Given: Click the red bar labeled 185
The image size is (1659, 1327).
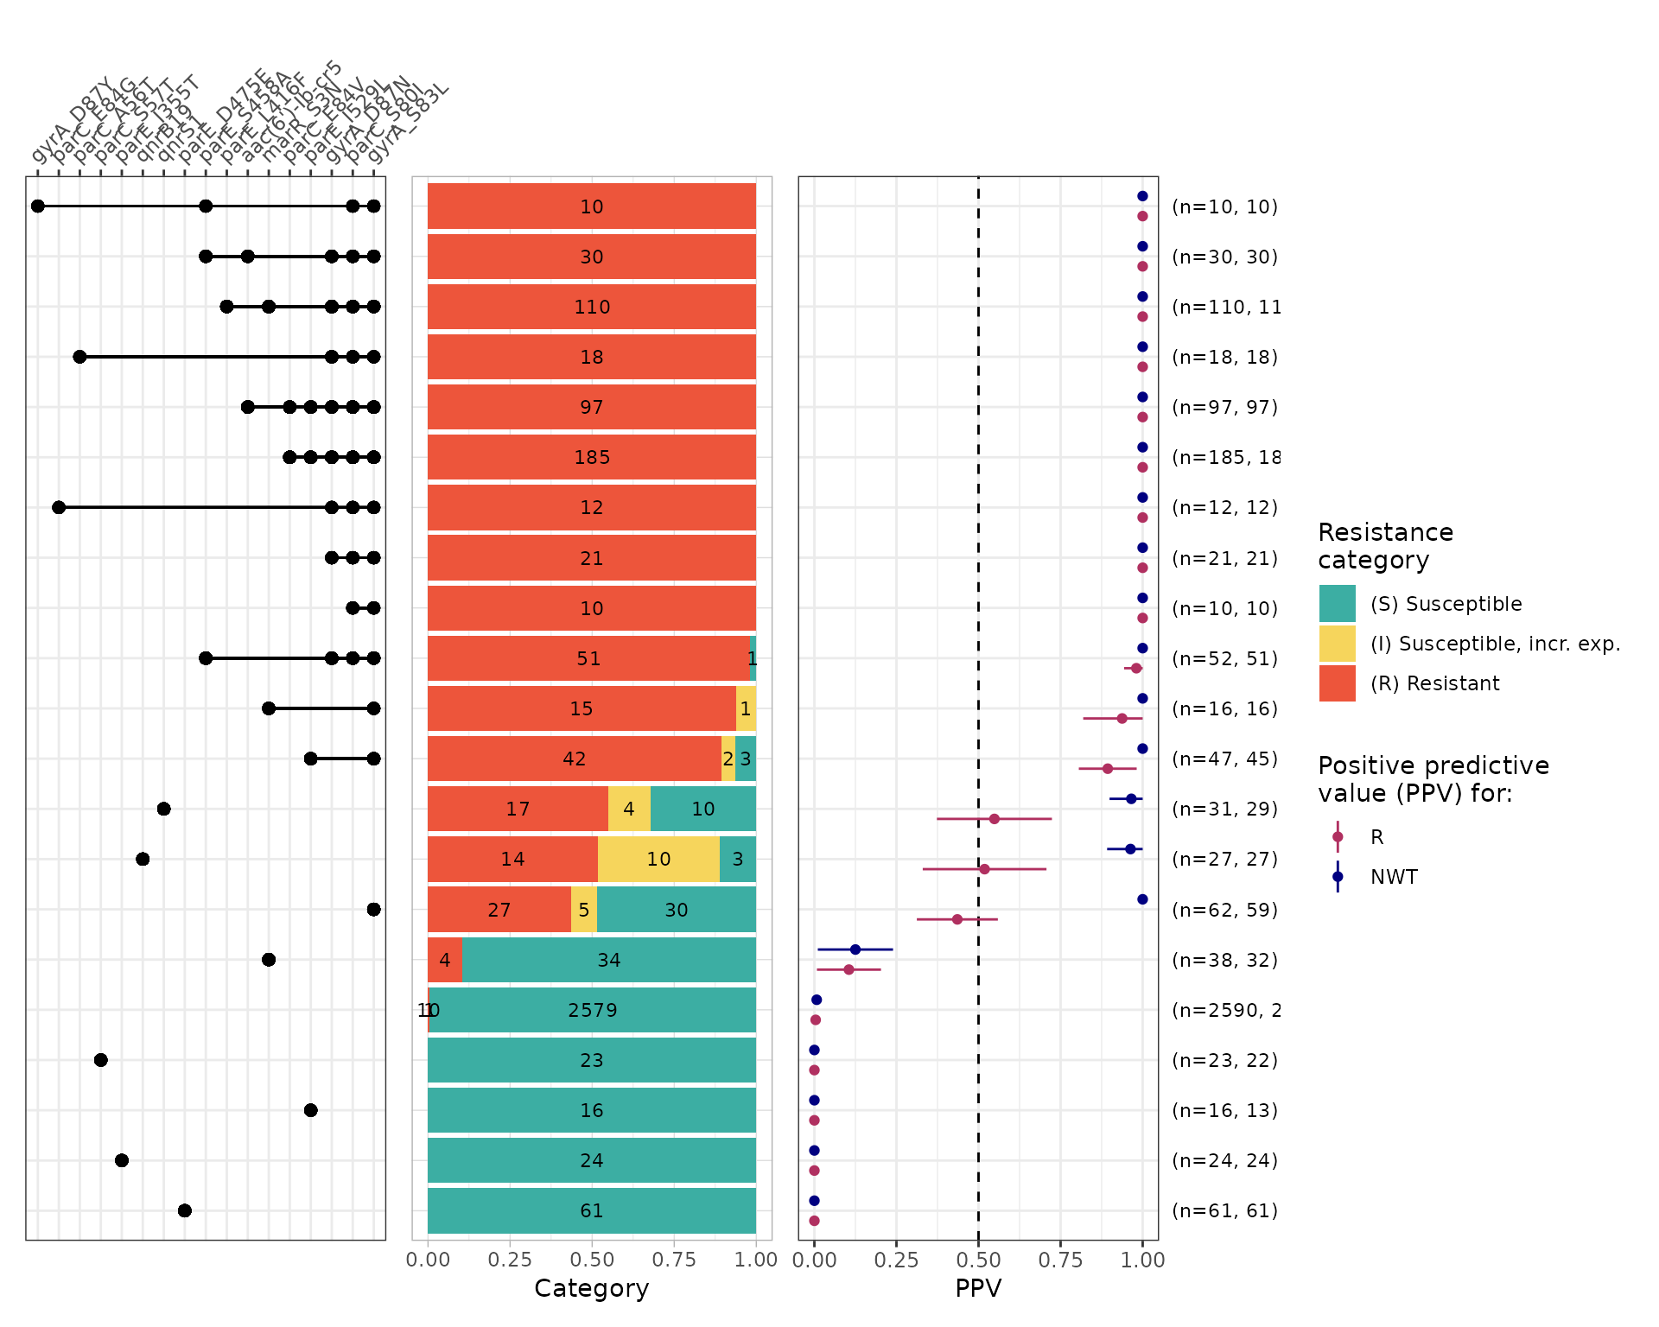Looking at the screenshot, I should coord(592,457).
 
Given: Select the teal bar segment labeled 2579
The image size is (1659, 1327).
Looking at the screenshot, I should coord(593,1010).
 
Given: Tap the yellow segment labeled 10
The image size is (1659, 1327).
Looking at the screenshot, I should coord(658,859).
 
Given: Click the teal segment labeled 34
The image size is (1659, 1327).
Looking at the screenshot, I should coord(609,960).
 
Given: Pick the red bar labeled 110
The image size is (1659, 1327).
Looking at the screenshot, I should coord(592,307).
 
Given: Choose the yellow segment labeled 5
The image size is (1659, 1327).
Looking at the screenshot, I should coord(584,910).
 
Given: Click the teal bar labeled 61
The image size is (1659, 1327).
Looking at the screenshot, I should coord(592,1210).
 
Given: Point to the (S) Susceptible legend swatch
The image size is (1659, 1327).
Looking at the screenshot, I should coord(1337,604).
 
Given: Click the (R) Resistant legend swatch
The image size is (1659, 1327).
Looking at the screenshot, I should coord(1337,683).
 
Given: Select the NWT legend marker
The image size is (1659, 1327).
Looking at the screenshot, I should coord(1338,877).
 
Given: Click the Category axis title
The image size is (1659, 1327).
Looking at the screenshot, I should coord(592,1288).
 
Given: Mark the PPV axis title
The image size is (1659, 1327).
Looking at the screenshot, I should coord(978,1288).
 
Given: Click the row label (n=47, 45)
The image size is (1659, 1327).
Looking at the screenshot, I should coord(1224,759).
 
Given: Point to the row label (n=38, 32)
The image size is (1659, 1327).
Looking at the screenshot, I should coord(1224,960).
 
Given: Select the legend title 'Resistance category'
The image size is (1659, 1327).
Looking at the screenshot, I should coord(1385,546).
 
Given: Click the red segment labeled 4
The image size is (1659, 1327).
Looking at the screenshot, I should coord(445,960).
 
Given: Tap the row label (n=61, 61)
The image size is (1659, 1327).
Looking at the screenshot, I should coord(1224,1210).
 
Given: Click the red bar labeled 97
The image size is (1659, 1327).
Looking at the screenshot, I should coord(592,407).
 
